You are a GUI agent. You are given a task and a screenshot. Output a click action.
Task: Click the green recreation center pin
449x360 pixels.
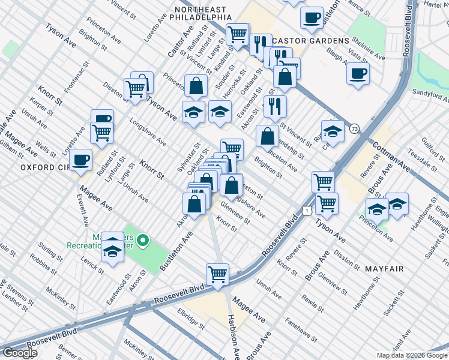[x=143, y=242]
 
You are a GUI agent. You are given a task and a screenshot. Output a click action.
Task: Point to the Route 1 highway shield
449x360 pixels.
[x=307, y=211]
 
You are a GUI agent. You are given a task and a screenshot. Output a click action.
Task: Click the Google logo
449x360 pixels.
[x=20, y=353]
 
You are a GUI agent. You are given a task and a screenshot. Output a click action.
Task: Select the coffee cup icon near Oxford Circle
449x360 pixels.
[x=80, y=160]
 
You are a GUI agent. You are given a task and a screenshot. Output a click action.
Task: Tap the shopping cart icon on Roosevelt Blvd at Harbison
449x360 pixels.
[x=217, y=275]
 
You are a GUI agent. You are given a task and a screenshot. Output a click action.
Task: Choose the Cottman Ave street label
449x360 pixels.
[x=391, y=157]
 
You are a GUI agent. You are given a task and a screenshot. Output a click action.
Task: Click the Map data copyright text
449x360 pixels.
[x=412, y=355]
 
